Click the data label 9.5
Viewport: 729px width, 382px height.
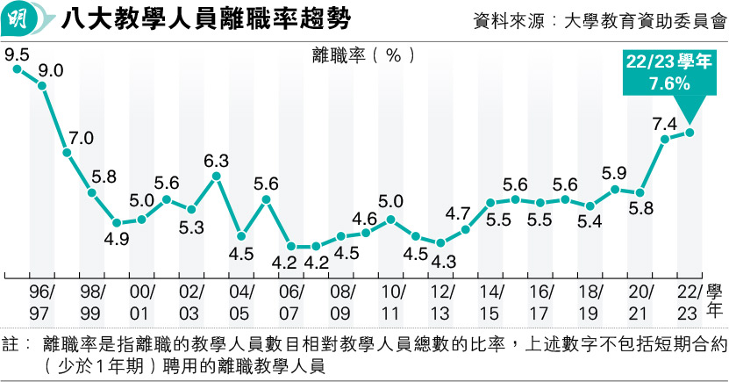pos(17,54)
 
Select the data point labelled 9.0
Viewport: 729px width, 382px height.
pos(41,85)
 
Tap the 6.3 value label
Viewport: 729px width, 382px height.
pos(216,161)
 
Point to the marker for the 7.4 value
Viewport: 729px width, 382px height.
pos(665,139)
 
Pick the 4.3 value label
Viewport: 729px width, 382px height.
pos(442,261)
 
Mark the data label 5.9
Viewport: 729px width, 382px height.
pos(614,173)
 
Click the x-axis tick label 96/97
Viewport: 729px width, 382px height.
pos(41,301)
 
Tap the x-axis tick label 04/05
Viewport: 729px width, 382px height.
pos(240,301)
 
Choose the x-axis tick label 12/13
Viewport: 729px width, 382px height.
pos(441,301)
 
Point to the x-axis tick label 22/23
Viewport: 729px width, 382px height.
pos(689,301)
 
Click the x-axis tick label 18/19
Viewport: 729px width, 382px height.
pos(590,301)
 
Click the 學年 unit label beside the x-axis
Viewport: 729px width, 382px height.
pos(715,300)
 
